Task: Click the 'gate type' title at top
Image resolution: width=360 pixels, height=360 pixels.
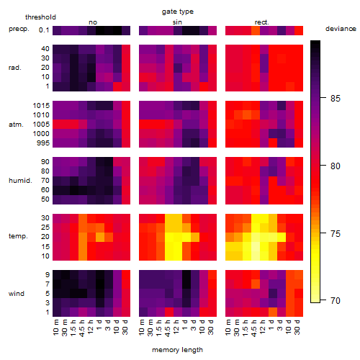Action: click(178, 12)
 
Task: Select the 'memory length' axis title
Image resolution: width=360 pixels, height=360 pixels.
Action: click(177, 350)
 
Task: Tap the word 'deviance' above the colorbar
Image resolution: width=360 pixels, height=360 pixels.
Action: click(341, 29)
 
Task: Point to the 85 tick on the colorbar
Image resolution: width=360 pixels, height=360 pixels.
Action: click(323, 98)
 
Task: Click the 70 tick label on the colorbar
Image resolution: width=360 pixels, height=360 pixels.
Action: click(336, 300)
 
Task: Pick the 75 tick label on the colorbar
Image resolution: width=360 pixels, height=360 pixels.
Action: click(336, 233)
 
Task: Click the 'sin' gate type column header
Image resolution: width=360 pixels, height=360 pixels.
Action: click(177, 22)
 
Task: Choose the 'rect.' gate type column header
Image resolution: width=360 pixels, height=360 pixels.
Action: click(261, 22)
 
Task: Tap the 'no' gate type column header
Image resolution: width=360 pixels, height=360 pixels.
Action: click(93, 22)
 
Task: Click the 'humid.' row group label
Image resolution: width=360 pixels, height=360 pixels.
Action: click(20, 181)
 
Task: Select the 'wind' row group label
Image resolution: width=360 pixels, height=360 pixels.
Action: click(17, 294)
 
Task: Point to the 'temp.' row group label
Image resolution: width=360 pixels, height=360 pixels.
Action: click(18, 236)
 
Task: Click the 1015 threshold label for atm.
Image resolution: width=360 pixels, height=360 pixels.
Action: click(41, 106)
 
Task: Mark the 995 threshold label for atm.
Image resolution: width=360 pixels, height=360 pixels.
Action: click(43, 143)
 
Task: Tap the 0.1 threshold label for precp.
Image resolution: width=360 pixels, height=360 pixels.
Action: click(44, 30)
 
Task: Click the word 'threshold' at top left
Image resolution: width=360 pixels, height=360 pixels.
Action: click(40, 17)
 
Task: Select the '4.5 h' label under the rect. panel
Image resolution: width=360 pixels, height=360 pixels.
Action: click(254, 328)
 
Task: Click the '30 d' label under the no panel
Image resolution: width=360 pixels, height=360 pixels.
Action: click(125, 327)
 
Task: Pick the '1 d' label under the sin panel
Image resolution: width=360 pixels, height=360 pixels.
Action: click(185, 325)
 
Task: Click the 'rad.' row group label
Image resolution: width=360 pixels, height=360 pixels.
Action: click(15, 68)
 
